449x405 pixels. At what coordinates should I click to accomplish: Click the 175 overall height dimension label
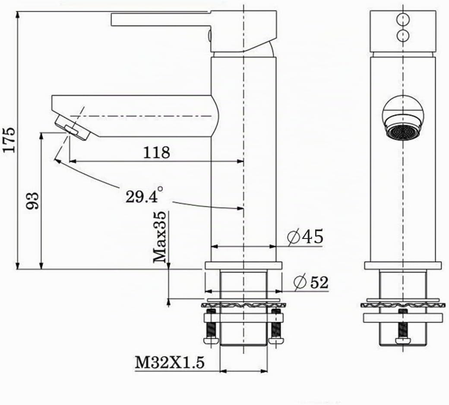point(9,140)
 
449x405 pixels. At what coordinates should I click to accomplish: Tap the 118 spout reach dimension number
point(156,152)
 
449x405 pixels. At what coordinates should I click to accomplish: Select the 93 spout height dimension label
point(32,201)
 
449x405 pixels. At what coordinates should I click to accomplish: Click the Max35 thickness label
point(159,237)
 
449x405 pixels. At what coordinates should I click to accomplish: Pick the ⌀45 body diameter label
point(305,236)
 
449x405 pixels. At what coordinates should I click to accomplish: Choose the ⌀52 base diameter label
point(311,283)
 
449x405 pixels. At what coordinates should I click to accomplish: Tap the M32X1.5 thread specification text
point(170,363)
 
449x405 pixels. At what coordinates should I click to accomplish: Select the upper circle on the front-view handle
point(403,19)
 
